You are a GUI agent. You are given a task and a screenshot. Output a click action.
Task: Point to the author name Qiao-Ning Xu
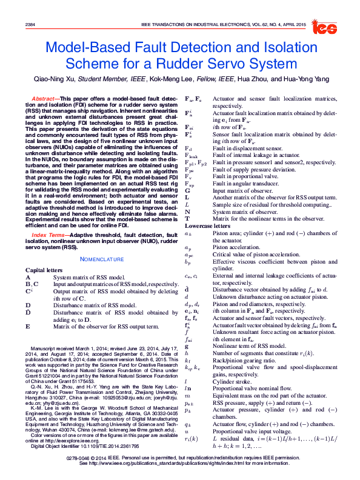(56, 79)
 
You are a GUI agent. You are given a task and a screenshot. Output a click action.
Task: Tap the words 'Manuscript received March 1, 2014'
(72, 350)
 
